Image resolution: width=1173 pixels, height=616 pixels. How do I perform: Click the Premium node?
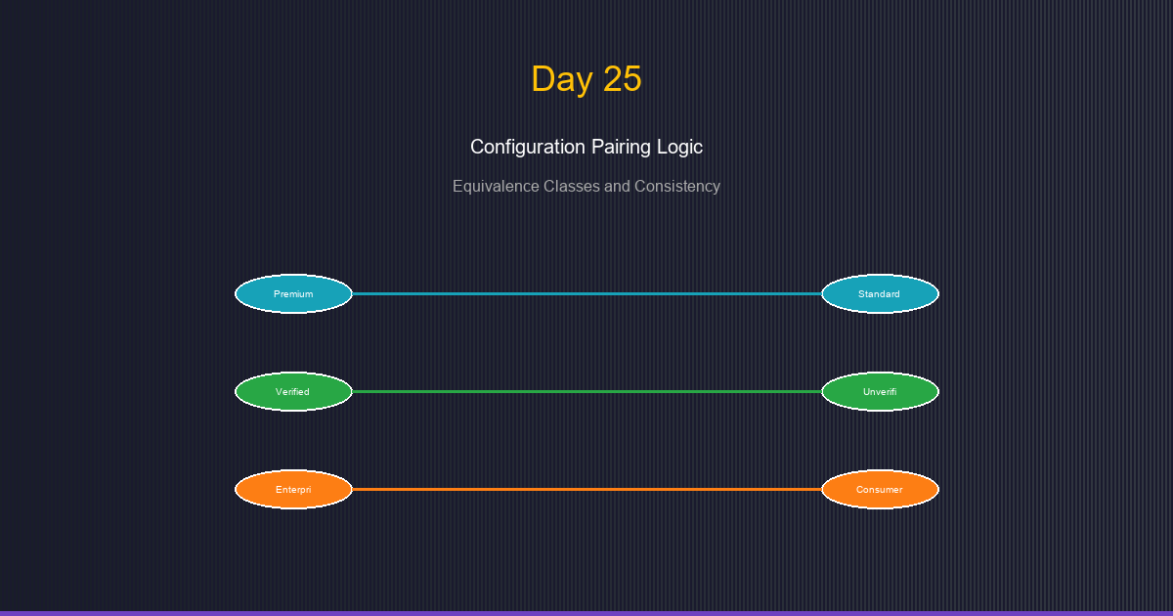(293, 293)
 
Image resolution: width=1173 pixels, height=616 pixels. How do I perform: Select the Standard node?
(880, 293)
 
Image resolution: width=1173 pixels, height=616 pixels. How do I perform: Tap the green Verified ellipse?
(293, 391)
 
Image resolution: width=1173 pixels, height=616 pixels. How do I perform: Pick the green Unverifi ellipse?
(880, 391)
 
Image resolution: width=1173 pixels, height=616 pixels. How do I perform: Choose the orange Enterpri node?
(293, 489)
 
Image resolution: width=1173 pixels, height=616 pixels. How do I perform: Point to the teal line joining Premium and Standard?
(586, 293)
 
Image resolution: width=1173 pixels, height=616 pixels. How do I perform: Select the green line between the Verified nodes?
(586, 391)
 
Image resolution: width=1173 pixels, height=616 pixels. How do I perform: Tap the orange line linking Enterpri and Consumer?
(586, 489)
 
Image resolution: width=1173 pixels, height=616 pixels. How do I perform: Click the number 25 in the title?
(622, 79)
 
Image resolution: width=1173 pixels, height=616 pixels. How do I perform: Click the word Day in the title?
(562, 80)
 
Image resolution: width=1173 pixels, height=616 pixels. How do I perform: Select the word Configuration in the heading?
(528, 148)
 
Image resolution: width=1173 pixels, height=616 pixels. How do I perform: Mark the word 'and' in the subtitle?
(616, 186)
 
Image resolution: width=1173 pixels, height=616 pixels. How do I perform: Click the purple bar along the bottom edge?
(586, 613)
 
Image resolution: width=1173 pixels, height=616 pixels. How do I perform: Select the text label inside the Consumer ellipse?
(880, 489)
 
